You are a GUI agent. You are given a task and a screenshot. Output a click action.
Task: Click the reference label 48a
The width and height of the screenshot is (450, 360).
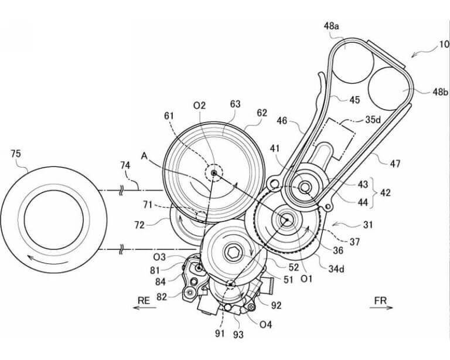(x=331, y=26)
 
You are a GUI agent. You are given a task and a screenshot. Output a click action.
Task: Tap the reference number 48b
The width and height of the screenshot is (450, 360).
(x=441, y=92)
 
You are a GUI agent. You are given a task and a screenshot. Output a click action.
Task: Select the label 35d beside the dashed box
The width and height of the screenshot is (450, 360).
(x=373, y=120)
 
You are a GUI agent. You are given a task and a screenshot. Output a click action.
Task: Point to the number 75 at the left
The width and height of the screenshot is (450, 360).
(x=16, y=154)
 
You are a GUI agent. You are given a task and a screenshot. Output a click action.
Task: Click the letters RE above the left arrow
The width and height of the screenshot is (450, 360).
(x=144, y=301)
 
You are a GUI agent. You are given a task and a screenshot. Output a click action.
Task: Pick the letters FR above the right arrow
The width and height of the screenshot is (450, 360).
(x=380, y=301)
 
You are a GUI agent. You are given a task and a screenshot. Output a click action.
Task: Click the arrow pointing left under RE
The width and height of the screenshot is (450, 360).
(x=144, y=308)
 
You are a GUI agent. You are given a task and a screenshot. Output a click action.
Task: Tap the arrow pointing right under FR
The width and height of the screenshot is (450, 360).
(x=381, y=308)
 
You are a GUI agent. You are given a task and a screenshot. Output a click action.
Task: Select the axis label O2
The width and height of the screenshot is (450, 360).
(x=199, y=106)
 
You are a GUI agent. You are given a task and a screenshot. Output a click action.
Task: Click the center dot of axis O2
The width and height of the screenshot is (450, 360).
(x=213, y=173)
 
